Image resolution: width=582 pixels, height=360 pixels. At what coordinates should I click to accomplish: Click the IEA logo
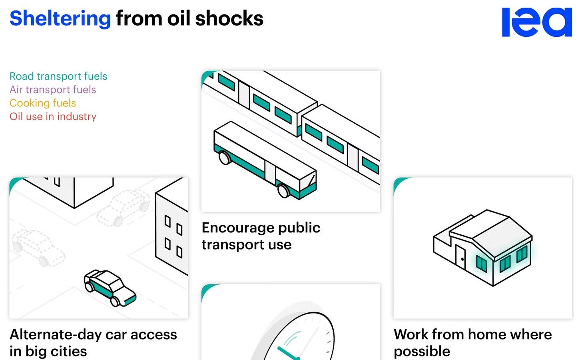[x=536, y=22]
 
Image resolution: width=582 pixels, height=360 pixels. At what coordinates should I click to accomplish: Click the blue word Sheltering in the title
[x=60, y=18]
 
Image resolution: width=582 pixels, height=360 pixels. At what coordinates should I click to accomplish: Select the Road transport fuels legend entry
[x=58, y=76]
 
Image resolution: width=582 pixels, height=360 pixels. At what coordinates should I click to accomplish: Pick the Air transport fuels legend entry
[x=53, y=90]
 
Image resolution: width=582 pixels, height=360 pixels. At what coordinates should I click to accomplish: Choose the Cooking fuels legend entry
[x=43, y=103]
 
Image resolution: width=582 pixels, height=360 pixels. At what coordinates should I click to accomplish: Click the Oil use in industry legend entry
[x=53, y=116]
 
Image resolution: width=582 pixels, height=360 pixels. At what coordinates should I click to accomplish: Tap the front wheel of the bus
[x=283, y=191]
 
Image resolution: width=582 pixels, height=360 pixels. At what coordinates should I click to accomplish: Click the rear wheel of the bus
[x=225, y=158]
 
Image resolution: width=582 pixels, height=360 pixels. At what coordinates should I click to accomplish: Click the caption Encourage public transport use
[x=261, y=236]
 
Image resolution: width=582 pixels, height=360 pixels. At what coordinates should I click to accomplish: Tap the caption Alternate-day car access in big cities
[x=93, y=342]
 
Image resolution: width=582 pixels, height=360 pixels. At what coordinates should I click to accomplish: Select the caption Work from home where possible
[x=472, y=342]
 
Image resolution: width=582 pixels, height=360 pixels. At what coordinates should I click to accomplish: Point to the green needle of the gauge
[x=287, y=353]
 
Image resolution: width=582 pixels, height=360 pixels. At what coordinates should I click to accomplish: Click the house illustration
[x=483, y=247]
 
